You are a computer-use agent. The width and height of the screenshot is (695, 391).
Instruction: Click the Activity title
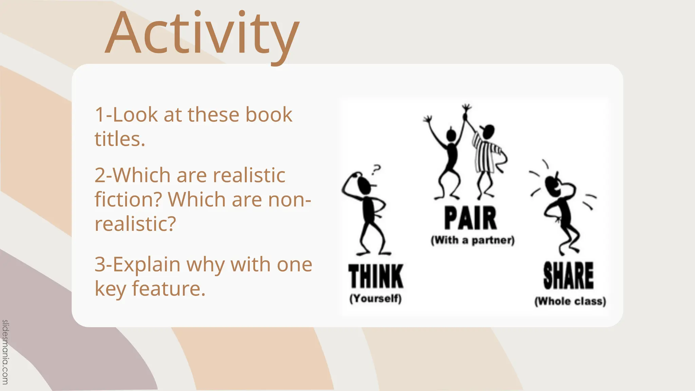(x=202, y=34)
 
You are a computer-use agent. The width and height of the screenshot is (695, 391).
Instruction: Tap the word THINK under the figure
(x=376, y=276)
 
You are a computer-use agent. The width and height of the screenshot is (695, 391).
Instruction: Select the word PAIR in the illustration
(x=470, y=219)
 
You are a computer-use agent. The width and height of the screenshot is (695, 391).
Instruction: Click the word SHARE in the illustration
(x=568, y=276)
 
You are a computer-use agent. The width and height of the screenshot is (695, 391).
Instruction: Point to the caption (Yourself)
(x=375, y=299)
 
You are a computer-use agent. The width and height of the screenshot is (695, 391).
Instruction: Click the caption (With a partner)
(x=473, y=240)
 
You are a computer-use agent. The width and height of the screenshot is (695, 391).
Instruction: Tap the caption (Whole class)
(x=570, y=301)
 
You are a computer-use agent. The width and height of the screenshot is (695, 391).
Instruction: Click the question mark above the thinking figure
(x=376, y=169)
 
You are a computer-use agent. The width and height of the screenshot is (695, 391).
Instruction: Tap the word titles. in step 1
(x=120, y=139)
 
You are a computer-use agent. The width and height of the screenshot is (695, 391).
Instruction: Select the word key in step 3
(x=110, y=290)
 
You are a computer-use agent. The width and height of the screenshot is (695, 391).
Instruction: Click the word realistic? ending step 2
(x=135, y=224)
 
